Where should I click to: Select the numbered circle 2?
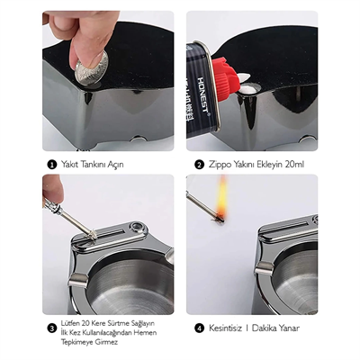pos(199,165)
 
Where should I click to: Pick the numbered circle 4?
pos(199,328)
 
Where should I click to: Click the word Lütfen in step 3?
pos(73,322)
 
